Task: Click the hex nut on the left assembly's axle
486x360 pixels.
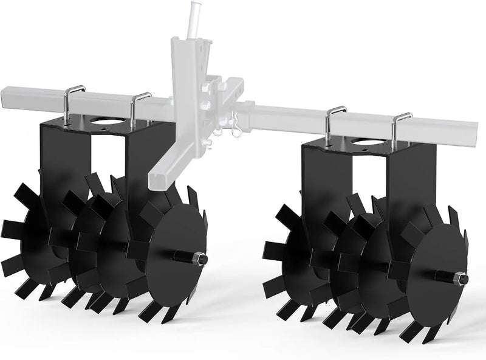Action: pyautogui.click(x=201, y=259)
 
